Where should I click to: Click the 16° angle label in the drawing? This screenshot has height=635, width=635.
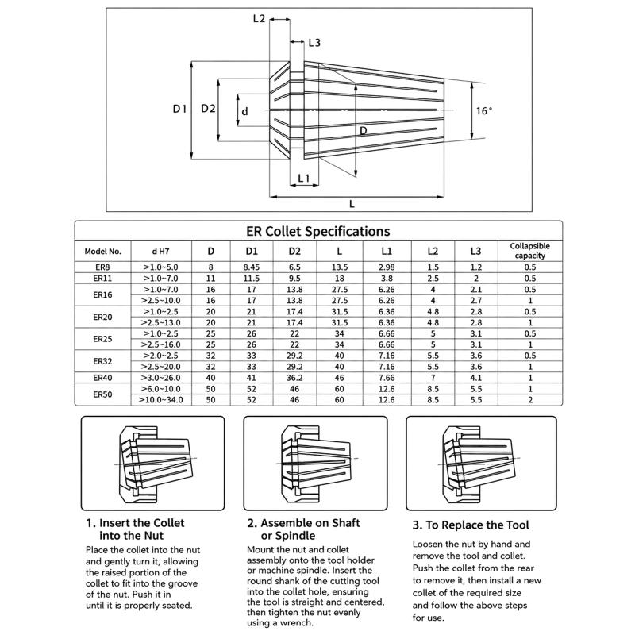tap(484, 110)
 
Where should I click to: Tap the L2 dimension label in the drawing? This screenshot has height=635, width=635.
tap(259, 18)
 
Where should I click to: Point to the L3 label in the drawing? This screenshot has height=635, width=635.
tap(314, 43)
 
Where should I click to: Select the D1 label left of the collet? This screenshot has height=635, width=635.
tap(179, 109)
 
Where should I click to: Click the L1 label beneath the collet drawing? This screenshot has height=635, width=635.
tap(304, 178)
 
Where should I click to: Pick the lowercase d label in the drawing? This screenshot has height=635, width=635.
tap(244, 111)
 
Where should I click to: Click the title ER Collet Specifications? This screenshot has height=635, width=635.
tap(318, 231)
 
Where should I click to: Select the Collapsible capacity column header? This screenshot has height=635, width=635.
tap(529, 251)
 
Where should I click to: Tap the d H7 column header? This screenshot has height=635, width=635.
tap(161, 251)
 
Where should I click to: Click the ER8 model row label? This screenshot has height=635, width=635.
tap(102, 267)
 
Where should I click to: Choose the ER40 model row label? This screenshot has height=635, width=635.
tap(102, 378)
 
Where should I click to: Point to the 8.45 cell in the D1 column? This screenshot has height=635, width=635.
tap(252, 267)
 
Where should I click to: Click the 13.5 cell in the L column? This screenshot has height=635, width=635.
tap(340, 267)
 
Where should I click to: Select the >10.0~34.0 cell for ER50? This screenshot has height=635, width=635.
tap(161, 400)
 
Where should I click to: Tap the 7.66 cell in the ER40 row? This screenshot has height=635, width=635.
tap(387, 378)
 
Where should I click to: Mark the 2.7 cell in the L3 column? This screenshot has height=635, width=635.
tap(475, 301)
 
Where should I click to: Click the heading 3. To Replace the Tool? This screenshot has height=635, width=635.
tap(471, 525)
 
